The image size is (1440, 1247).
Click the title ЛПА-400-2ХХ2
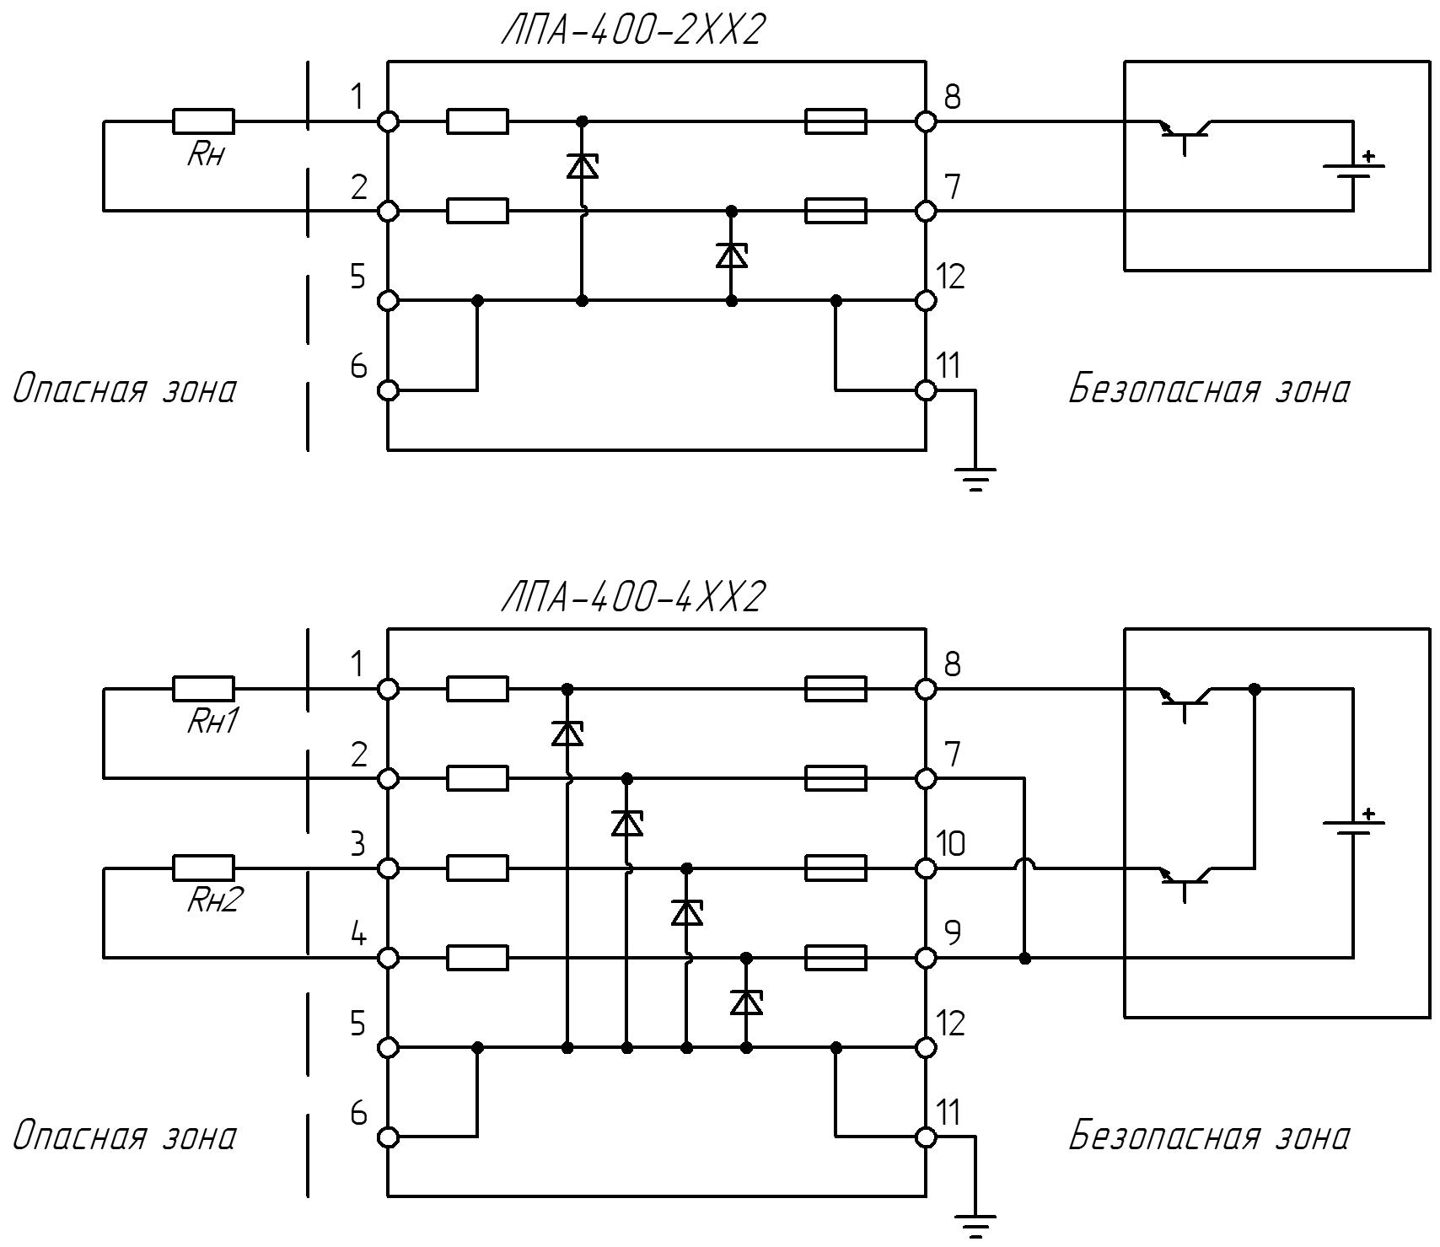(x=633, y=31)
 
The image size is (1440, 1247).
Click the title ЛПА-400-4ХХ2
(x=633, y=599)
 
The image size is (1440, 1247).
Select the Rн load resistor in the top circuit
(x=204, y=121)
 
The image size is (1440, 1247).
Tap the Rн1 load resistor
(x=204, y=689)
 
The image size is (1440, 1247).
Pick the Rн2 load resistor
(x=204, y=868)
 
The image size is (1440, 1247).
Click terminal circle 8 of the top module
(x=926, y=121)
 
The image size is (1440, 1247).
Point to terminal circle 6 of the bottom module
(x=388, y=1137)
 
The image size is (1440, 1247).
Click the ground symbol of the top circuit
(x=976, y=480)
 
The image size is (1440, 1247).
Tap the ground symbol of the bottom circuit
(x=976, y=1226)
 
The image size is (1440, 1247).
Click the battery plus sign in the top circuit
(x=1368, y=156)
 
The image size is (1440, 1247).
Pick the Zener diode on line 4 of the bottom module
(x=746, y=1002)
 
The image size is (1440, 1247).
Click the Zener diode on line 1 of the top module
(x=582, y=165)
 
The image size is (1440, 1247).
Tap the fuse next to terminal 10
(x=836, y=868)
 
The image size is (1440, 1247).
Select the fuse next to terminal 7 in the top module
(x=836, y=211)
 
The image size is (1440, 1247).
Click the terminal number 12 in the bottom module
(x=951, y=1024)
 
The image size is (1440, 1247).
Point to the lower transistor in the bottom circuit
(x=1185, y=882)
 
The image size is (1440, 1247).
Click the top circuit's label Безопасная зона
(x=1209, y=390)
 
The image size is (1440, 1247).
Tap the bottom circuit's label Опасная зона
(x=124, y=1136)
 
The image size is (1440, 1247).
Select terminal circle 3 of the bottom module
(x=388, y=868)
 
